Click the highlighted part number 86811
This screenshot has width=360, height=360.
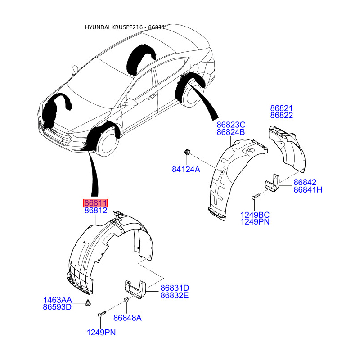point(95,203)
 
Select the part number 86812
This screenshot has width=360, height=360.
point(96,211)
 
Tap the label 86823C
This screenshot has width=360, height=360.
point(231,125)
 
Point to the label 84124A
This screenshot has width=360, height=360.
point(186,170)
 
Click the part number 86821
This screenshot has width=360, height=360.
point(282,108)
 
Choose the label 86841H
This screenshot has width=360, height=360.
point(308,189)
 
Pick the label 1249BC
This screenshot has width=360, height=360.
point(255,215)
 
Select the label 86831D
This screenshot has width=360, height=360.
point(175,288)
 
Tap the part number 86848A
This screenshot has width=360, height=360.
point(127,318)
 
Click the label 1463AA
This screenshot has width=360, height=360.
point(58,300)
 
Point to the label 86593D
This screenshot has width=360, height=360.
point(57,307)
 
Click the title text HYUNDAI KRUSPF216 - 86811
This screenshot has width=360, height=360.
point(125,27)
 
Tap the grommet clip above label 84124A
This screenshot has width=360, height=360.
point(187,152)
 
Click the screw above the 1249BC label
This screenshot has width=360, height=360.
point(256,196)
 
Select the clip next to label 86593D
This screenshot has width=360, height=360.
point(88,303)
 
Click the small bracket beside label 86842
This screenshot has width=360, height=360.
point(273,183)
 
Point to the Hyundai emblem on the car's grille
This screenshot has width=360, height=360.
point(54,131)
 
